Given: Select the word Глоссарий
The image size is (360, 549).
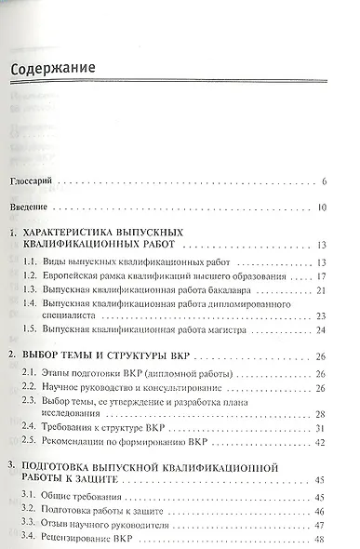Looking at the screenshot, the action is click(x=44, y=181).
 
